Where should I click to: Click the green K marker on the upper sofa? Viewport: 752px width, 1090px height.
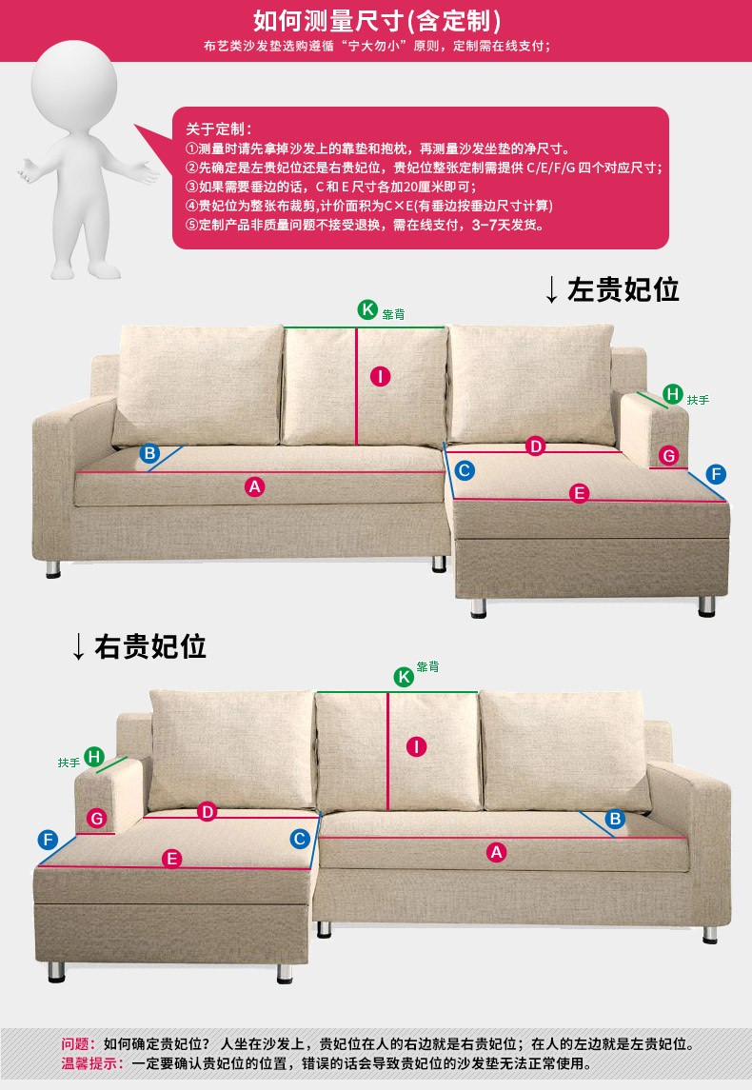[367, 309]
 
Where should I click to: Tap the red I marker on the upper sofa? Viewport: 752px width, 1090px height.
[380, 377]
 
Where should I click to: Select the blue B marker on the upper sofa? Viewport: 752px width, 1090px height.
[149, 453]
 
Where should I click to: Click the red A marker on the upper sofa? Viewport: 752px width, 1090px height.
[255, 486]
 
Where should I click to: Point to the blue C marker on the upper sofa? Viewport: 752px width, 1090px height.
[465, 470]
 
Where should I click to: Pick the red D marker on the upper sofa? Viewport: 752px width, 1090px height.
[535, 446]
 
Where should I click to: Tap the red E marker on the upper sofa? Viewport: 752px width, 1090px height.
[579, 493]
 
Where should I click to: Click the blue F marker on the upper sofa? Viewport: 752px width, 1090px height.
[716, 474]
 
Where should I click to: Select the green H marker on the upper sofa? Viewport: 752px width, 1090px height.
[672, 394]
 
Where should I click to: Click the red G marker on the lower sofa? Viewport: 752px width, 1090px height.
[96, 818]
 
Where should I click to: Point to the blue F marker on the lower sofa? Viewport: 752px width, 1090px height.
[48, 839]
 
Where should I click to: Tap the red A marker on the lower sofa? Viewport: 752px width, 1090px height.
[496, 852]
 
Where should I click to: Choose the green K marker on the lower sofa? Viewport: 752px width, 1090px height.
[404, 677]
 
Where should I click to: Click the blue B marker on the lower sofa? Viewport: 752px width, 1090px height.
[614, 818]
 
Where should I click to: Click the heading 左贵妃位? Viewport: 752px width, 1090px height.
[623, 289]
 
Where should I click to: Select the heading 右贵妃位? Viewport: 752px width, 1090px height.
[150, 646]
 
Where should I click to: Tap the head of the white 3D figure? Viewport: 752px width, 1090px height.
[74, 84]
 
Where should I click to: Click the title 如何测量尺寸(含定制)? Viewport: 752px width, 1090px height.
[377, 21]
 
